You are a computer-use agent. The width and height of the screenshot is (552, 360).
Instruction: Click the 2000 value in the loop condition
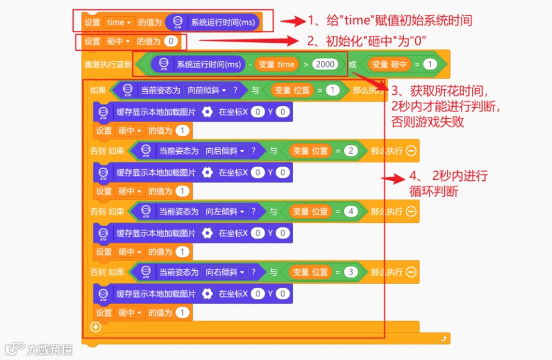(325, 64)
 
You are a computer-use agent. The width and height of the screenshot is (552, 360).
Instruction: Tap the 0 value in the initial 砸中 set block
(171, 42)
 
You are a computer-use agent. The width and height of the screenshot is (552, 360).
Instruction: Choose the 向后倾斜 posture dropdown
(225, 151)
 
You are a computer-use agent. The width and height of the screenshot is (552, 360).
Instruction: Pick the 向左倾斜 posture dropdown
(225, 212)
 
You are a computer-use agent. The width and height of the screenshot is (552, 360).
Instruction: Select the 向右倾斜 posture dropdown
(225, 273)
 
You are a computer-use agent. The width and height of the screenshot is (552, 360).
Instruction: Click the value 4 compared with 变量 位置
(351, 212)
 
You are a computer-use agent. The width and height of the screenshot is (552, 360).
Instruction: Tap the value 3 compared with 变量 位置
(351, 273)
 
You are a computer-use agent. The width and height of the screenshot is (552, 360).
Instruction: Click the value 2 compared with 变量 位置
(351, 151)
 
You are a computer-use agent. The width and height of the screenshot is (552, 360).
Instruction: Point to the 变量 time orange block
(276, 64)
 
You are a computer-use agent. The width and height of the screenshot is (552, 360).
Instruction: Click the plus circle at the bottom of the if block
(95, 327)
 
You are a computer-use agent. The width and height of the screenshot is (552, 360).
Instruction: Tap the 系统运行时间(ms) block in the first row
(212, 22)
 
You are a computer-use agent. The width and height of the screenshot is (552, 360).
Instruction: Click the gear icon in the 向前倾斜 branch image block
(208, 112)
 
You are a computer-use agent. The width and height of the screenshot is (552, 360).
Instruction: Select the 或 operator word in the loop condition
(353, 64)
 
